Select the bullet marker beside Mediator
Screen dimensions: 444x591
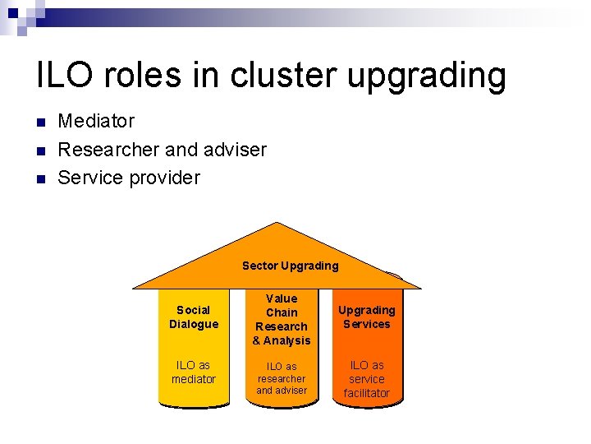pyautogui.click(x=42, y=123)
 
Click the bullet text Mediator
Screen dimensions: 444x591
pyautogui.click(x=96, y=122)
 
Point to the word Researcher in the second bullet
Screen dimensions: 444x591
pyautogui.click(x=109, y=150)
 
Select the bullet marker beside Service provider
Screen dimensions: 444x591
pyautogui.click(x=42, y=178)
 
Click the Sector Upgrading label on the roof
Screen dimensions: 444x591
pyautogui.click(x=290, y=266)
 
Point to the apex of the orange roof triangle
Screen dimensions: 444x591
pyautogui.click(x=278, y=224)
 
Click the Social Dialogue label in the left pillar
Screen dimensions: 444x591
pyautogui.click(x=194, y=317)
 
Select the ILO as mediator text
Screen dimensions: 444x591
pyautogui.click(x=194, y=372)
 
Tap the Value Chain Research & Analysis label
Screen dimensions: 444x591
pyautogui.click(x=282, y=320)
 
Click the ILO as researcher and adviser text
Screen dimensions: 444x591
pyautogui.click(x=282, y=378)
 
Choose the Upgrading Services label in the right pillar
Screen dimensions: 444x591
pyautogui.click(x=367, y=317)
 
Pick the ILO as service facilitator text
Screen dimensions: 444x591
pyautogui.click(x=367, y=379)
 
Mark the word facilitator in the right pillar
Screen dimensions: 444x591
pyautogui.click(x=367, y=394)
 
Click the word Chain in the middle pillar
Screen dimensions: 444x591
pyautogui.click(x=282, y=312)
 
